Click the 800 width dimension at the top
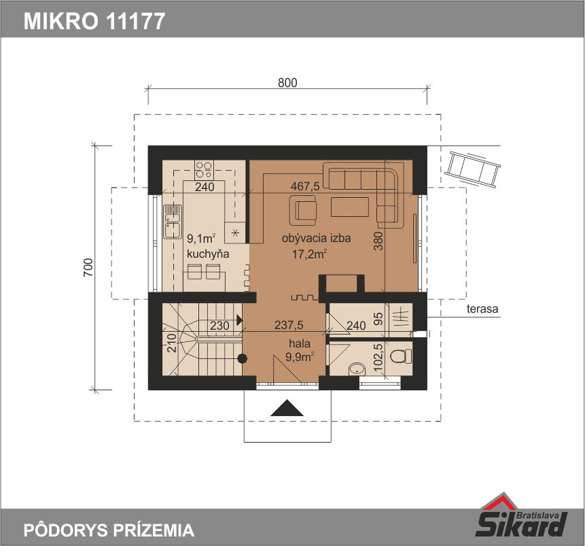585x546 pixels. [287, 82]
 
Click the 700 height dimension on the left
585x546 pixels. [88, 267]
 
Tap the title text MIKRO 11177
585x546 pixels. [94, 21]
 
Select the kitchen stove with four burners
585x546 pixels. [204, 169]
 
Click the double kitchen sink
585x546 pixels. [173, 222]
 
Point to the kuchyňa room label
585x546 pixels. [208, 254]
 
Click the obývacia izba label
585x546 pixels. [316, 238]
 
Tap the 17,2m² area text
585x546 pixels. [310, 254]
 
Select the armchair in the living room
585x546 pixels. [304, 211]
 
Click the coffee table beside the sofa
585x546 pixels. [350, 207]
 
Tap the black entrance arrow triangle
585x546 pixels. [287, 407]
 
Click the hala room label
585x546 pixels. [299, 343]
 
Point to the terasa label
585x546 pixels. [482, 309]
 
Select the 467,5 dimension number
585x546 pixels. [305, 186]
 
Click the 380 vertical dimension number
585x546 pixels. [378, 241]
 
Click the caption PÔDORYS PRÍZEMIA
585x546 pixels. [109, 530]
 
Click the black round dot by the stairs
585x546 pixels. [243, 358]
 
